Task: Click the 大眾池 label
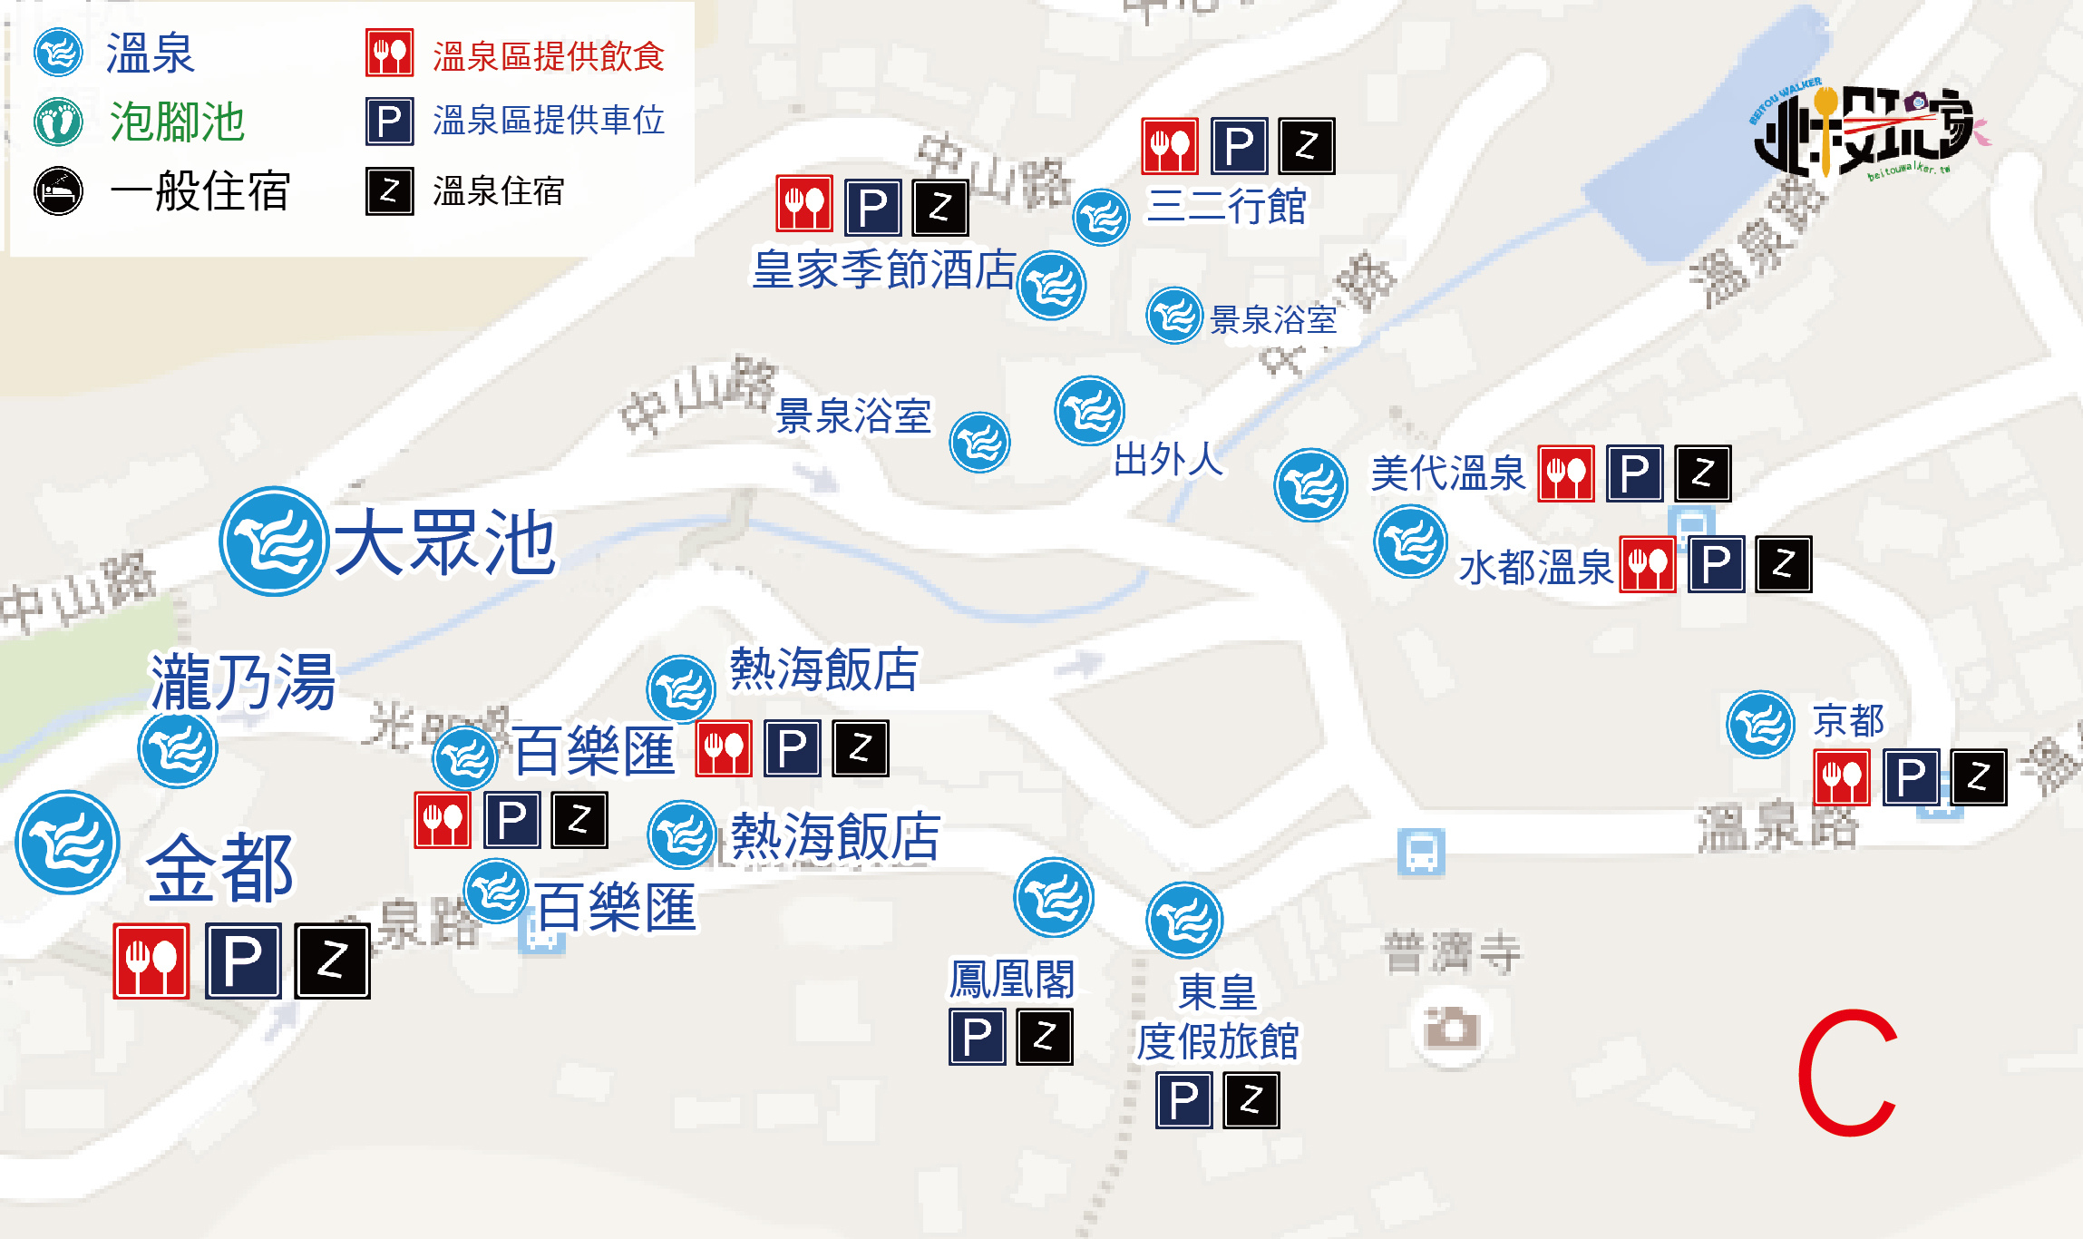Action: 444,543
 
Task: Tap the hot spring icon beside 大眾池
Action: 273,541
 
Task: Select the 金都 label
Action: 220,868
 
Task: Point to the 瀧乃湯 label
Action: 242,682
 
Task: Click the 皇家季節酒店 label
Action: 884,270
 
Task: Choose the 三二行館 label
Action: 1226,207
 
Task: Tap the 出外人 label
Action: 1168,460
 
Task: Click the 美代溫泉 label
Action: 1448,473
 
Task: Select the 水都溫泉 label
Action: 1535,569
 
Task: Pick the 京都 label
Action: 1848,722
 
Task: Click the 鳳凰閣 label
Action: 1012,980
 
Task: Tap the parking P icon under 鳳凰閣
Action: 978,1037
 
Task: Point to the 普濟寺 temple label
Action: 1452,953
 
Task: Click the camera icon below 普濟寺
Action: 1451,1028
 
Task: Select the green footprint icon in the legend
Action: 59,122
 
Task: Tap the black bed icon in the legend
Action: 59,191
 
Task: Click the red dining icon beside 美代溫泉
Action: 1566,473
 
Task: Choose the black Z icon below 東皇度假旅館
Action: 1251,1100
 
